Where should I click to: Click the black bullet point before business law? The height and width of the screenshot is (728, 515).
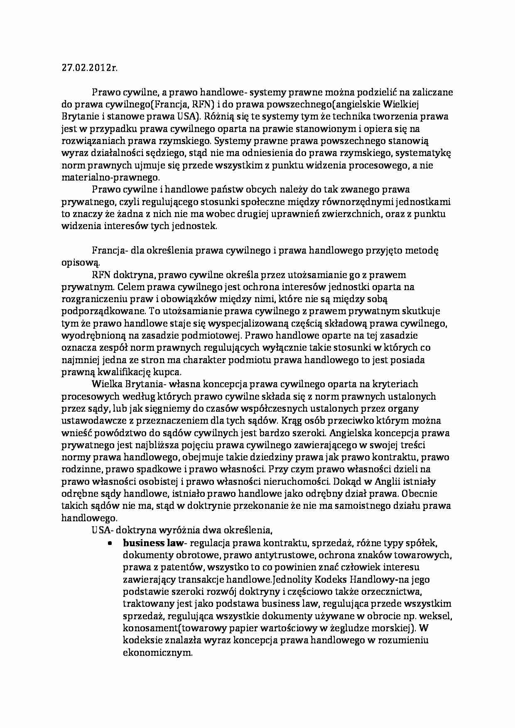(110, 543)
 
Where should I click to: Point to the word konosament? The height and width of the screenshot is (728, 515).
(145, 628)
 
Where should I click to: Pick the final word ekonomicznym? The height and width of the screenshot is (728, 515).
(158, 652)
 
